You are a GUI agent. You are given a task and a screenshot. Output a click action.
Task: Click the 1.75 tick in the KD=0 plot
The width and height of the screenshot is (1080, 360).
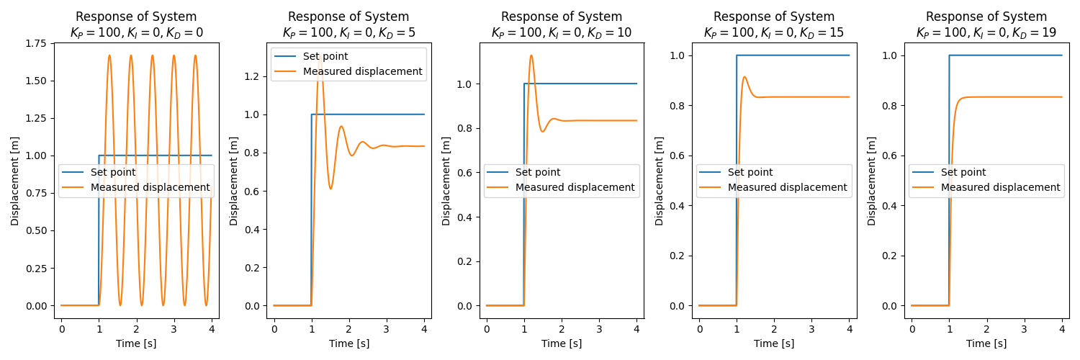pyautogui.click(x=38, y=43)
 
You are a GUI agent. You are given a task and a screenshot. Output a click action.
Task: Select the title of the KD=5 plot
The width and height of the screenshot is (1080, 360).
pyautogui.click(x=348, y=24)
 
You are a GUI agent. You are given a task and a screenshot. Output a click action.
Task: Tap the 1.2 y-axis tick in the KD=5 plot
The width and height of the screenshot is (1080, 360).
pyautogui.click(x=256, y=76)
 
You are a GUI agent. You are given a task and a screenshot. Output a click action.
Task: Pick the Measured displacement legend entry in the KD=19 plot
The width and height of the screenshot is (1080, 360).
pyautogui.click(x=1000, y=187)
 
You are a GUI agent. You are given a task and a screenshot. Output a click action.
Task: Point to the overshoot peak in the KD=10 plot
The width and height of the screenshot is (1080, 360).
pyautogui.click(x=531, y=55)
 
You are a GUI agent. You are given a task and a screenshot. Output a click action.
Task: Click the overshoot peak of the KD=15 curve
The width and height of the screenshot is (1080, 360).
pyautogui.click(x=744, y=77)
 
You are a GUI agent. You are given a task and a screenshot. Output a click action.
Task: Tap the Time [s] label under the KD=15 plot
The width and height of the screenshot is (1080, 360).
pyautogui.click(x=774, y=343)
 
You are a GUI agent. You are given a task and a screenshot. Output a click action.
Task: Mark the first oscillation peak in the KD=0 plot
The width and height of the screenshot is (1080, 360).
pyautogui.click(x=109, y=55)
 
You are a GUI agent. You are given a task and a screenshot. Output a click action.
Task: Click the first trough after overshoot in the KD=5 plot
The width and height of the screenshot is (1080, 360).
pyautogui.click(x=330, y=189)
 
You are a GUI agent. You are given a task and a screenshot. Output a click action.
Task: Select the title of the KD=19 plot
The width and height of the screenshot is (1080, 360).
pyautogui.click(x=986, y=24)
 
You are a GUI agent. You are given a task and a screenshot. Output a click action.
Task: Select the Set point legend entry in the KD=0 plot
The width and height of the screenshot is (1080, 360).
pyautogui.click(x=112, y=172)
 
